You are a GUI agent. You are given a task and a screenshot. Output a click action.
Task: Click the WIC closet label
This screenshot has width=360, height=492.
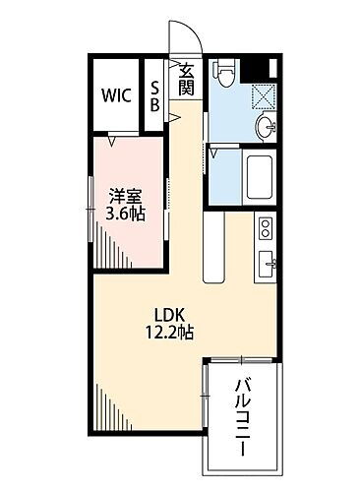115,96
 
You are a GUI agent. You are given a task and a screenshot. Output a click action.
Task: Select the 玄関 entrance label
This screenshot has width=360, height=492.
186,78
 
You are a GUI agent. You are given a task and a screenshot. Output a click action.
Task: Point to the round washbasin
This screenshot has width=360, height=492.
266,126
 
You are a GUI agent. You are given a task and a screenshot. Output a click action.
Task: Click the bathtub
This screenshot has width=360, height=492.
260,178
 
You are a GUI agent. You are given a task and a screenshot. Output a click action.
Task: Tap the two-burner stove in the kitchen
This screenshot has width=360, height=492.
265,229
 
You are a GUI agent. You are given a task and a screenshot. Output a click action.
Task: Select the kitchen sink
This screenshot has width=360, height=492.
266,264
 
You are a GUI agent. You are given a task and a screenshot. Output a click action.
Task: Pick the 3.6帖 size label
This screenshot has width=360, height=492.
126,213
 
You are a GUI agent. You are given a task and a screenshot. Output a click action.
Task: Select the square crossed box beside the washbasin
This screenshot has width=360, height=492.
263,94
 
